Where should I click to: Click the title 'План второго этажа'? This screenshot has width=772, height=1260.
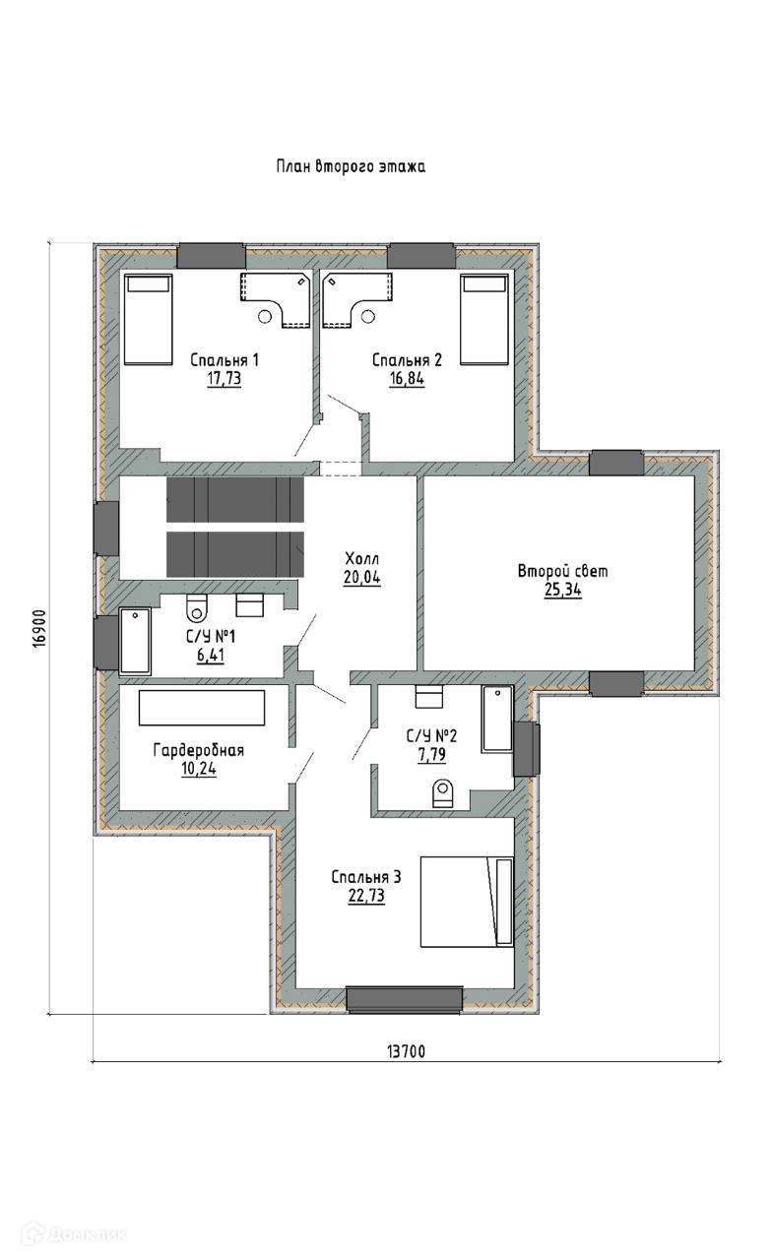coord(351,166)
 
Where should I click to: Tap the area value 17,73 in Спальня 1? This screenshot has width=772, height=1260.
coord(224,379)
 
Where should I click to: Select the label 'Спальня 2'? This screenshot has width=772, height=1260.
coord(408,360)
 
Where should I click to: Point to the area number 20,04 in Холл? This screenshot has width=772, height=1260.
coord(362,577)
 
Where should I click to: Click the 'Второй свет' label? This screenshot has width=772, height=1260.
coord(562,572)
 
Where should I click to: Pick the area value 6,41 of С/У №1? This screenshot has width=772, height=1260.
coord(211,656)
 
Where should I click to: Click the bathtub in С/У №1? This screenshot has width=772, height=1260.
coord(135,641)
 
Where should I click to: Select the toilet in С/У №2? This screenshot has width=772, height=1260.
coord(443,793)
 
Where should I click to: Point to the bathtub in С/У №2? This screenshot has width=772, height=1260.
coord(497,719)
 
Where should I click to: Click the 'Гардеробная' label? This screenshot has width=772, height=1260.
coord(199,750)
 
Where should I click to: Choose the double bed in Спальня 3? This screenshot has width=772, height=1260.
coord(467,903)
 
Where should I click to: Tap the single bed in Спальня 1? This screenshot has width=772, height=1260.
coord(148,320)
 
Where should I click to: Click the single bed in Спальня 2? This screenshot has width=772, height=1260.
coord(484,320)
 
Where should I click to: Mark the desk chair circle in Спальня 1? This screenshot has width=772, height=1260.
coord(265,317)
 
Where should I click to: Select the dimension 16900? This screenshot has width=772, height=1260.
coord(38,629)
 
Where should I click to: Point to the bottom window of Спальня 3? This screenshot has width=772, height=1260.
coord(405,999)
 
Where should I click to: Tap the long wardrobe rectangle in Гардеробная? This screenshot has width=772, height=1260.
coord(202,708)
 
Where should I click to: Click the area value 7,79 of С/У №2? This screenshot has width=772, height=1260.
coord(432,754)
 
